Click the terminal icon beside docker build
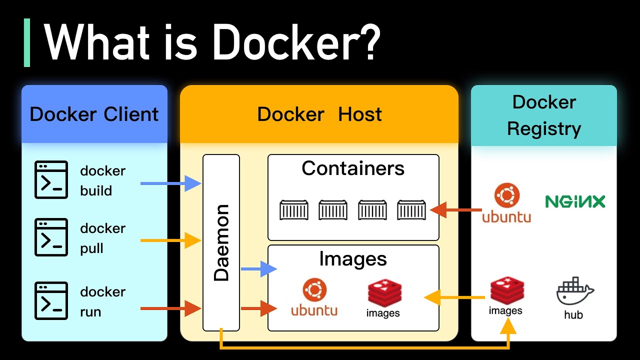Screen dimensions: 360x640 tap(51, 180)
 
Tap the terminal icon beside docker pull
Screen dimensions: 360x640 tap(51, 237)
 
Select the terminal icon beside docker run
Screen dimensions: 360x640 tap(51, 301)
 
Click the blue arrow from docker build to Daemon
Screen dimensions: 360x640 tap(170, 183)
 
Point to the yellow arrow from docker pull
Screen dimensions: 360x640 tap(170, 240)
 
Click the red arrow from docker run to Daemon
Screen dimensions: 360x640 tap(170, 308)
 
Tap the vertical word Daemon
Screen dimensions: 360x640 tap(221, 242)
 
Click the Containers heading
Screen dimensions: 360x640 tap(353, 168)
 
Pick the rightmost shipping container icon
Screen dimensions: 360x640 tap(411, 210)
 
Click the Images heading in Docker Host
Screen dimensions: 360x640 tap(353, 259)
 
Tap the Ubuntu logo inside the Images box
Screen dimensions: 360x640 tap(314, 297)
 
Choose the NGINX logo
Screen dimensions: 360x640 tap(575, 201)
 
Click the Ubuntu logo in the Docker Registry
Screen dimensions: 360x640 tap(506, 202)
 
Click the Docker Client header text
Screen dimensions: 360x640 tap(94, 114)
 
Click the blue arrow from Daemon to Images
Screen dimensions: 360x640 tap(258, 269)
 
